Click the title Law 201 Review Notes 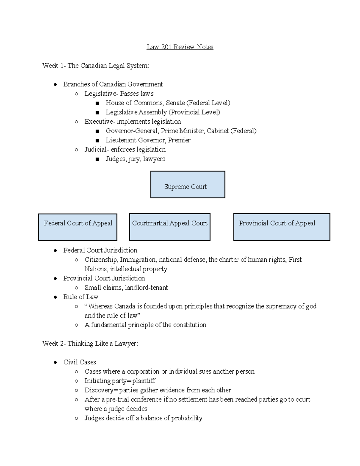pos(180,47)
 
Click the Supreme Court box pos(187,185)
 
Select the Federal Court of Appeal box pos(78,227)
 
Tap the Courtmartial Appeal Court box pos(169,227)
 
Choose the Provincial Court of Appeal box pos(281,227)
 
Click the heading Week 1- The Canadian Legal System pos(95,65)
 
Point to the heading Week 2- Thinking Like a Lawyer pos(90,344)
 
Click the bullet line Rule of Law pos(81,297)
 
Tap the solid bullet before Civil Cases pos(55,362)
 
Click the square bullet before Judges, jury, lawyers pos(97,159)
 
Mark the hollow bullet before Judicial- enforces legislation pos(76,150)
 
